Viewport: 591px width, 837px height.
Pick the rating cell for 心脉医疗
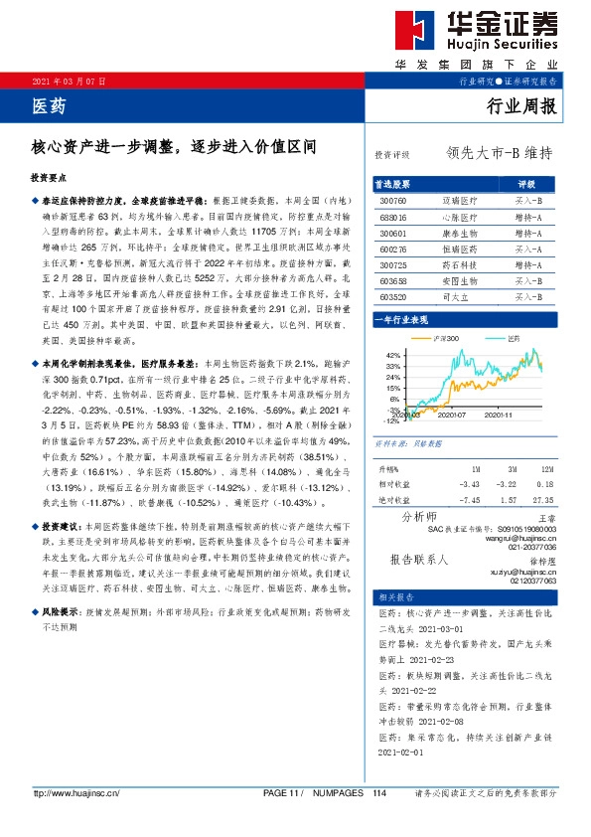tap(528, 215)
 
